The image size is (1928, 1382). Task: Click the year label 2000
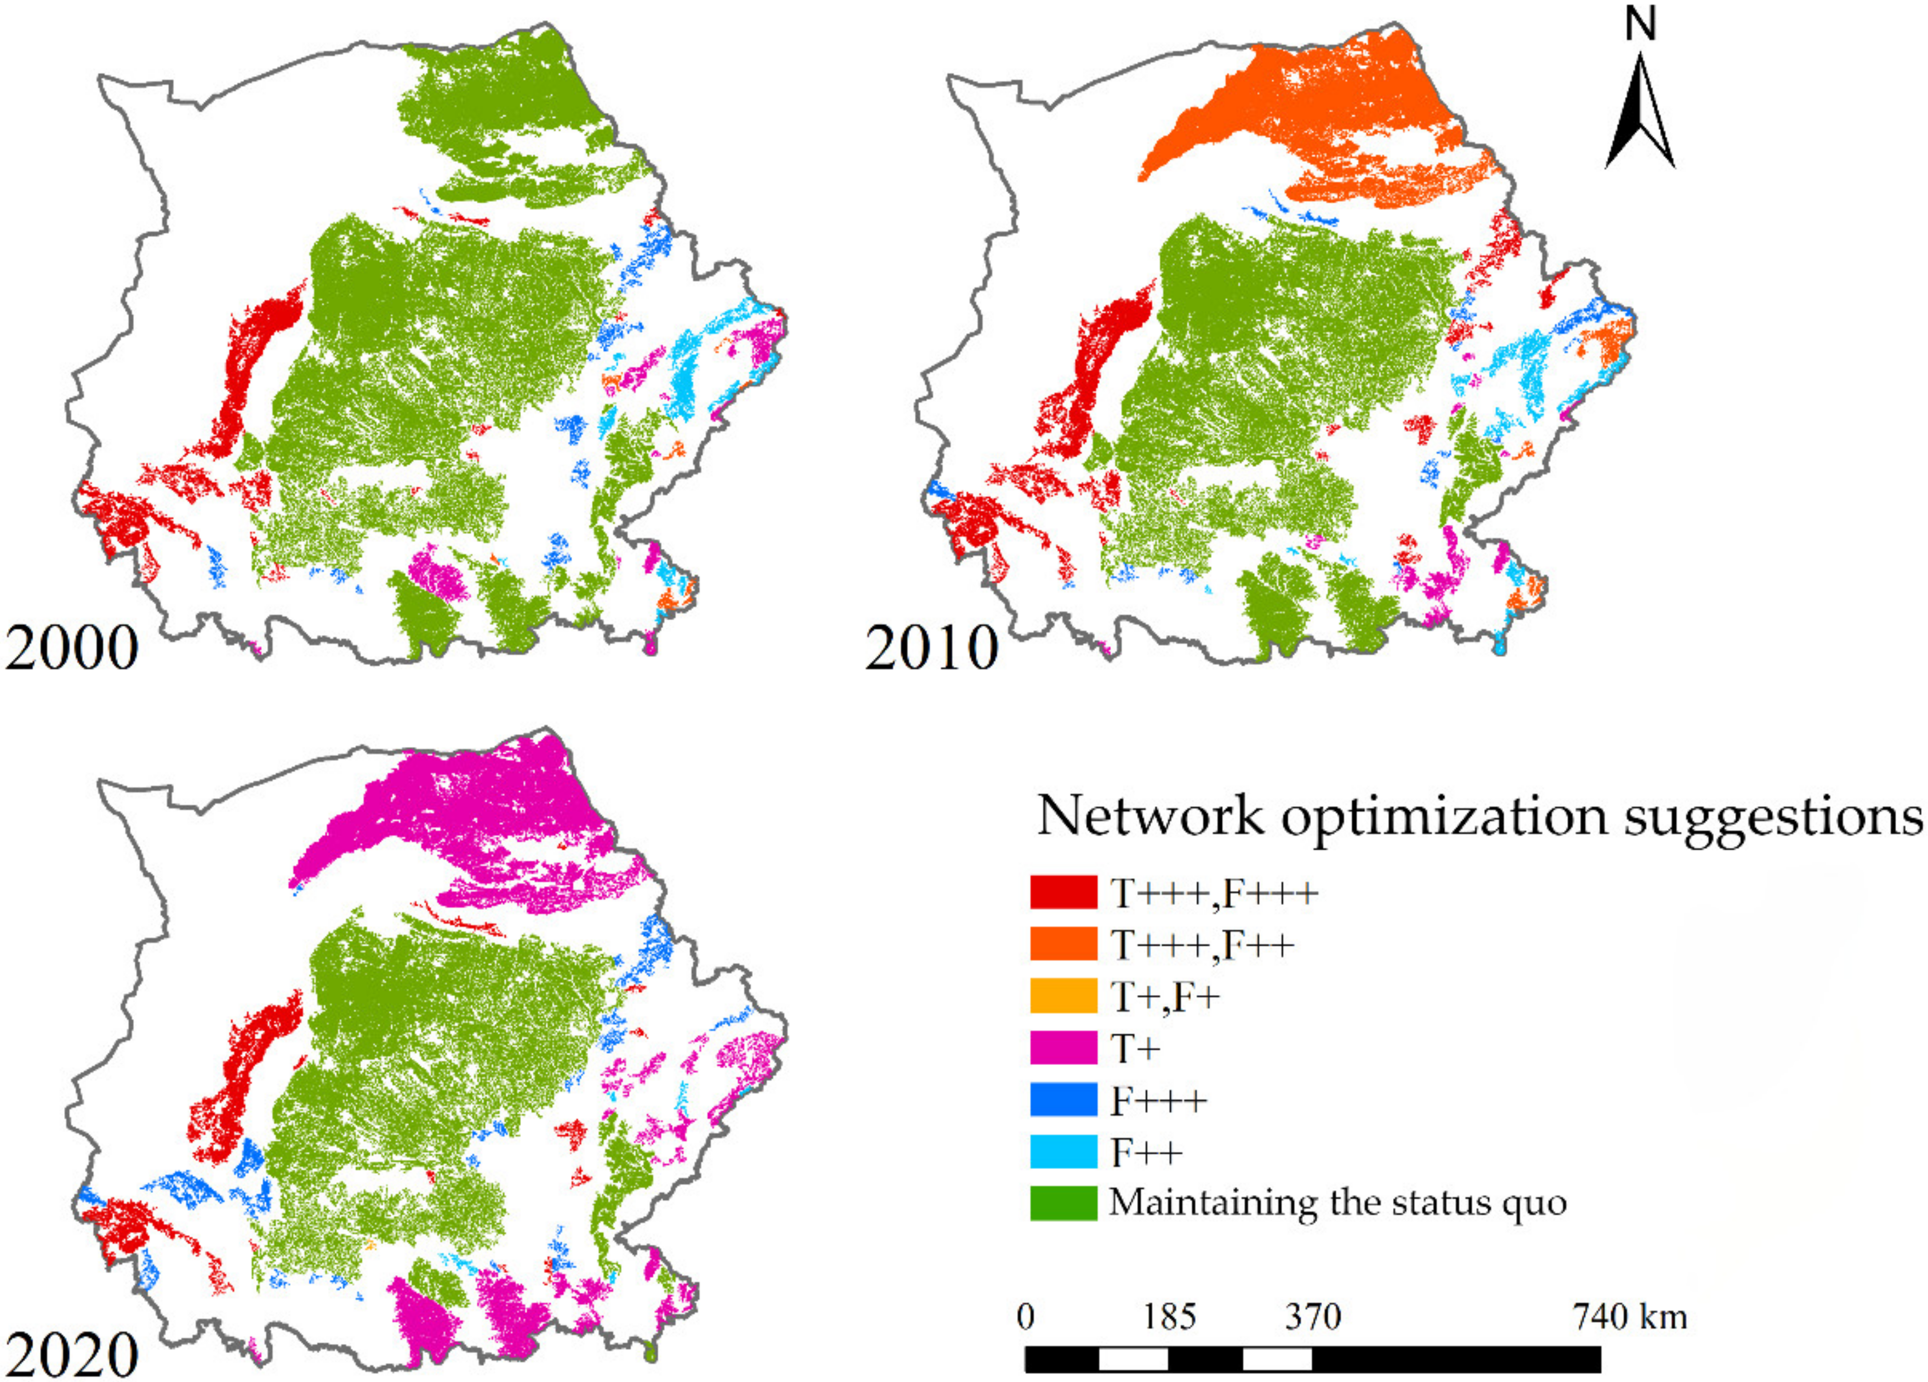[72, 649]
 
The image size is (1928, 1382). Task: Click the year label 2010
[932, 649]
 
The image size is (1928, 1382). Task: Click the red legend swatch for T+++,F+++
[1063, 892]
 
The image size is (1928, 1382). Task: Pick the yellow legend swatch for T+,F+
[1063, 996]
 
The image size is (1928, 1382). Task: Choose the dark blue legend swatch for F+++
[1063, 1101]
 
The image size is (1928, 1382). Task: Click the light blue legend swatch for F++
[1063, 1153]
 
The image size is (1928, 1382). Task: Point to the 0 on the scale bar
[1026, 1317]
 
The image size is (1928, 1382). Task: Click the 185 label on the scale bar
[1169, 1317]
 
